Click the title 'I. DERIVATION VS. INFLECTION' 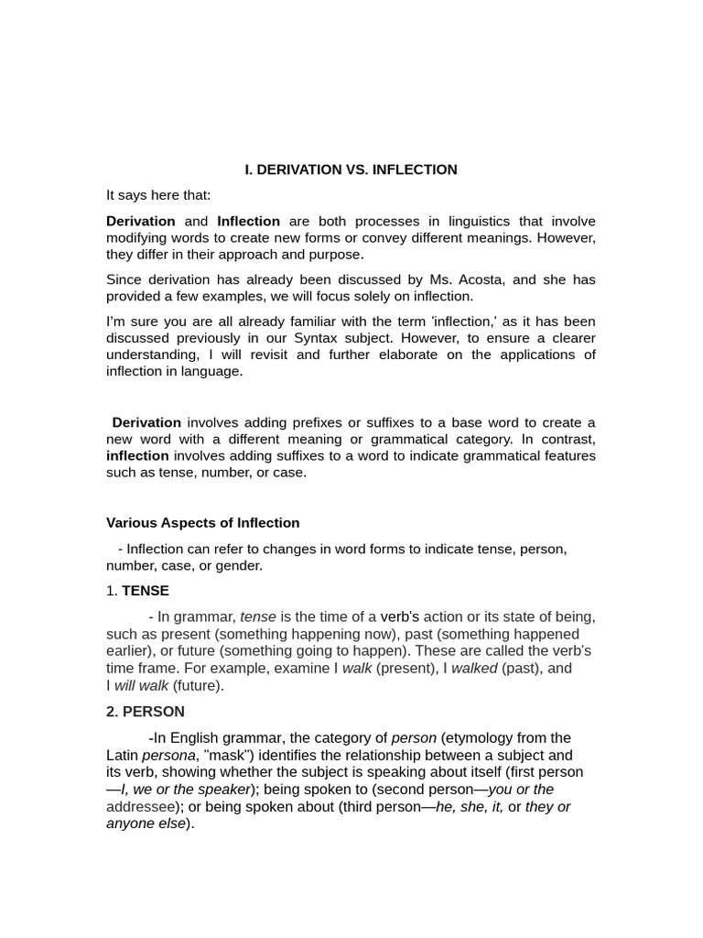pyautogui.click(x=351, y=169)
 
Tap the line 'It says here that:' pyautogui.click(x=158, y=195)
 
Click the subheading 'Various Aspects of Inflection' pyautogui.click(x=202, y=523)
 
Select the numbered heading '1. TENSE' pyautogui.click(x=137, y=591)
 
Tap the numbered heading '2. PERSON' pyautogui.click(x=145, y=712)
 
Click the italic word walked pyautogui.click(x=474, y=668)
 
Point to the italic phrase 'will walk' pyautogui.click(x=141, y=685)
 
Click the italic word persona pyautogui.click(x=168, y=755)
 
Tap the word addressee pyautogui.click(x=141, y=806)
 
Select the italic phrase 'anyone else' pyautogui.click(x=146, y=823)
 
